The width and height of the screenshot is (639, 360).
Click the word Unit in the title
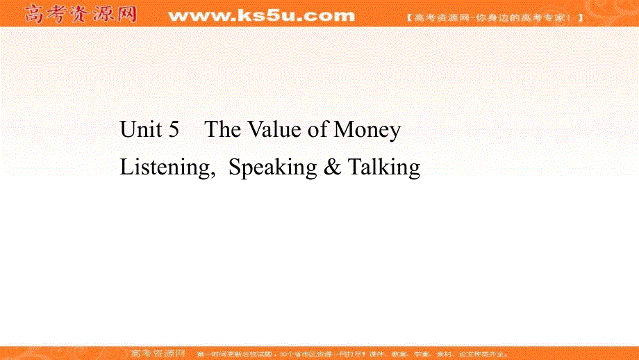[139, 130]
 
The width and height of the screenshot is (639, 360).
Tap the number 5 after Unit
[174, 130]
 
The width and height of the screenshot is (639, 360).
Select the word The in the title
[222, 130]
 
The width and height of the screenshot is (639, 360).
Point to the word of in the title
[319, 130]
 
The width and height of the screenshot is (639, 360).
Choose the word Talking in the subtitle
[384, 168]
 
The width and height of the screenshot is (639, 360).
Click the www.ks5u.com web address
[260, 15]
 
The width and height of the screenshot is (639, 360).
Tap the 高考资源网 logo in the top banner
[80, 14]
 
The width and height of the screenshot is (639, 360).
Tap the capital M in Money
[345, 130]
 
